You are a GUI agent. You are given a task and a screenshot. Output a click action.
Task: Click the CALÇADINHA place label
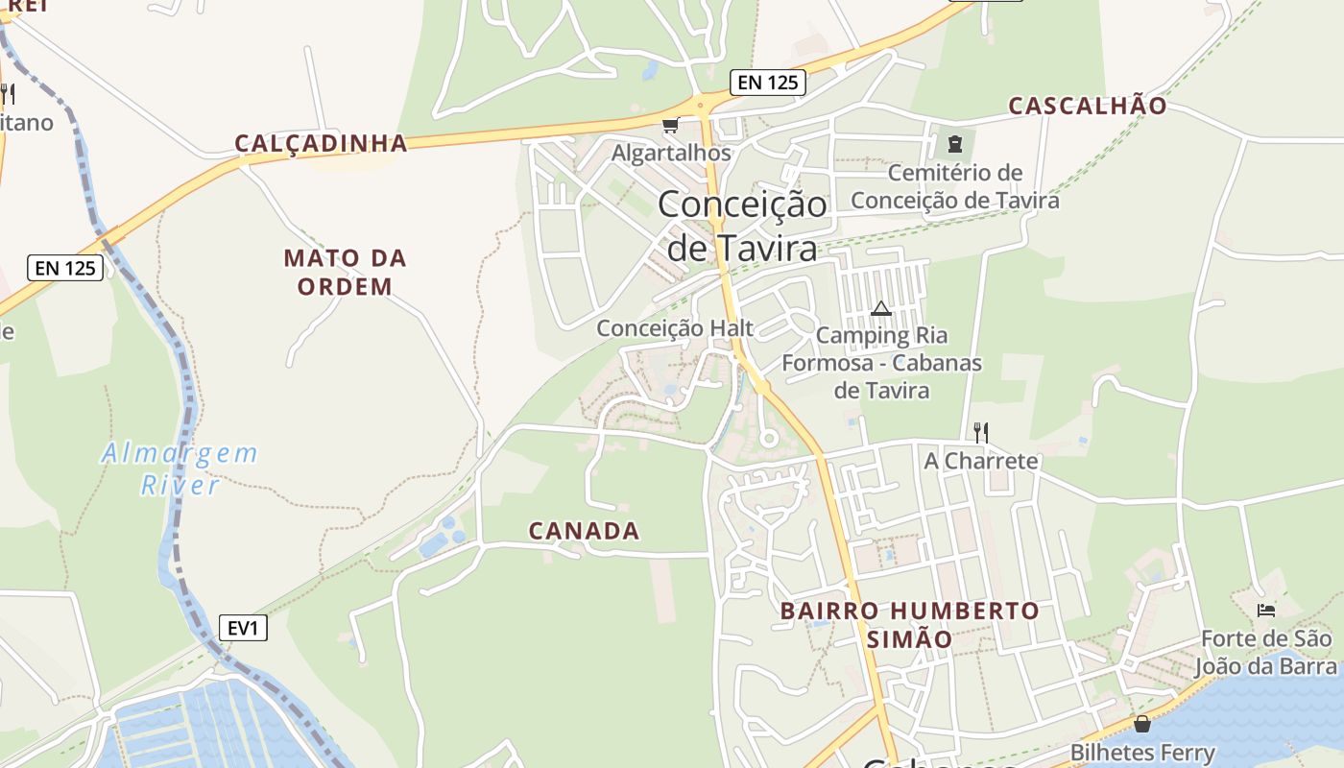click(x=322, y=144)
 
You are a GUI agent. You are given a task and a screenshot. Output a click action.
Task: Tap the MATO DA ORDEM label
click(x=346, y=272)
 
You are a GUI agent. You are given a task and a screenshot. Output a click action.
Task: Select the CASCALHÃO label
click(x=1087, y=106)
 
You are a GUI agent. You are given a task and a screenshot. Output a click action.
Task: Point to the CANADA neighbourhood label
click(x=584, y=531)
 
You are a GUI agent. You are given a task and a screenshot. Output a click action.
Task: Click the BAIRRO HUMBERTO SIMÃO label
click(x=909, y=624)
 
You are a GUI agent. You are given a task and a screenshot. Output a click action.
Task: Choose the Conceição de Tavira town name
click(x=742, y=227)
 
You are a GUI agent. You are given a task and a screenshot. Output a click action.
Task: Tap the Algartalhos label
click(x=671, y=153)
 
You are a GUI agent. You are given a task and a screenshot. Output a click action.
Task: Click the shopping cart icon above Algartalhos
click(x=671, y=126)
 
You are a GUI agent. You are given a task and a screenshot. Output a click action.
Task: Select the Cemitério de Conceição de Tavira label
click(x=955, y=186)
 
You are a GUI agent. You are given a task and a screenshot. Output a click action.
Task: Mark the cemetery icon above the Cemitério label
click(x=954, y=144)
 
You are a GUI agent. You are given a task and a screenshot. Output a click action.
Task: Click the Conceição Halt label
click(x=675, y=328)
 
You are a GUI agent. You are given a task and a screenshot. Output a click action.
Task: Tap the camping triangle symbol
click(x=880, y=309)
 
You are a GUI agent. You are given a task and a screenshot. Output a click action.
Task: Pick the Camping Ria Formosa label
click(x=881, y=363)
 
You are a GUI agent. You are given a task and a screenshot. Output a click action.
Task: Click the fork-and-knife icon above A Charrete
click(x=980, y=432)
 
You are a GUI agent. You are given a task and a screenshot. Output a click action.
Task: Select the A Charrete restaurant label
click(x=981, y=461)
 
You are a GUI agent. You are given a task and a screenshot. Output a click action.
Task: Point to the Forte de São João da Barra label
click(x=1266, y=653)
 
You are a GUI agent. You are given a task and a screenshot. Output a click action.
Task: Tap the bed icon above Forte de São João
click(x=1266, y=610)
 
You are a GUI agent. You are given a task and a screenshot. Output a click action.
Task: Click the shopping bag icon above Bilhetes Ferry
click(x=1141, y=724)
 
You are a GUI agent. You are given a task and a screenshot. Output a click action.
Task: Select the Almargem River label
click(x=180, y=468)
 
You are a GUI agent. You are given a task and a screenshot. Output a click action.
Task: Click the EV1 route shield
click(x=243, y=628)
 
